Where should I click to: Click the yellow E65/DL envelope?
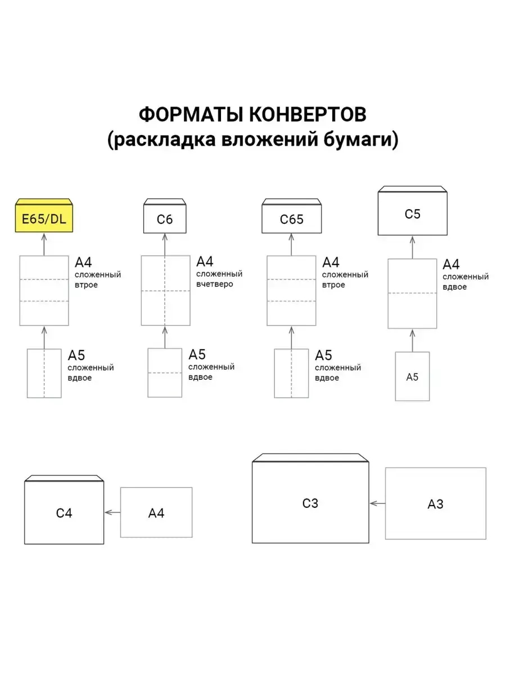(44, 218)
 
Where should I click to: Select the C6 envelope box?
(165, 219)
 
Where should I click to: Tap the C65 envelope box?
(291, 219)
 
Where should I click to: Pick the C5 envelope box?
(412, 214)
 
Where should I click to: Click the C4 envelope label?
(64, 513)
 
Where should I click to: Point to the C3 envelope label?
(310, 503)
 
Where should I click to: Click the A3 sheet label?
(435, 504)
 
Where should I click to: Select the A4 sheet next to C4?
(156, 512)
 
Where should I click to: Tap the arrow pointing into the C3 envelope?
(377, 503)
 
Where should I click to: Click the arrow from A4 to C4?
(112, 512)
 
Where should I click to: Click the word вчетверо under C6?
(215, 284)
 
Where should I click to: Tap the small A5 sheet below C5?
(412, 377)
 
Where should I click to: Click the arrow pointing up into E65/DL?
(44, 244)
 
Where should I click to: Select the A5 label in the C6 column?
(197, 355)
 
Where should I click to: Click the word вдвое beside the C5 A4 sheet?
(455, 287)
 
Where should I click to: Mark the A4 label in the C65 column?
(331, 262)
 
